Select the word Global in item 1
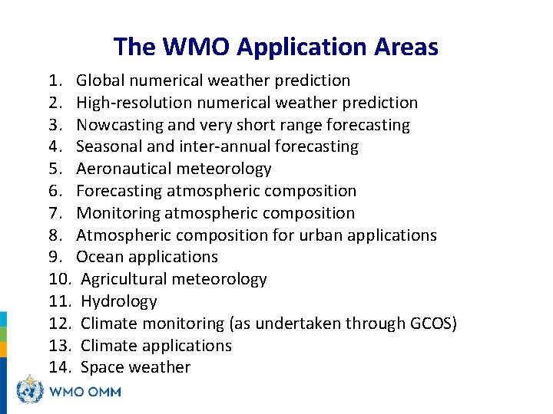click(x=100, y=80)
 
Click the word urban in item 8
click(x=312, y=235)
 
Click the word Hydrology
click(x=118, y=301)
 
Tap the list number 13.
click(x=59, y=346)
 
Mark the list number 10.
click(x=59, y=279)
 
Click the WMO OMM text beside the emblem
click(x=85, y=392)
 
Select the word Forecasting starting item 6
click(x=118, y=191)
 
